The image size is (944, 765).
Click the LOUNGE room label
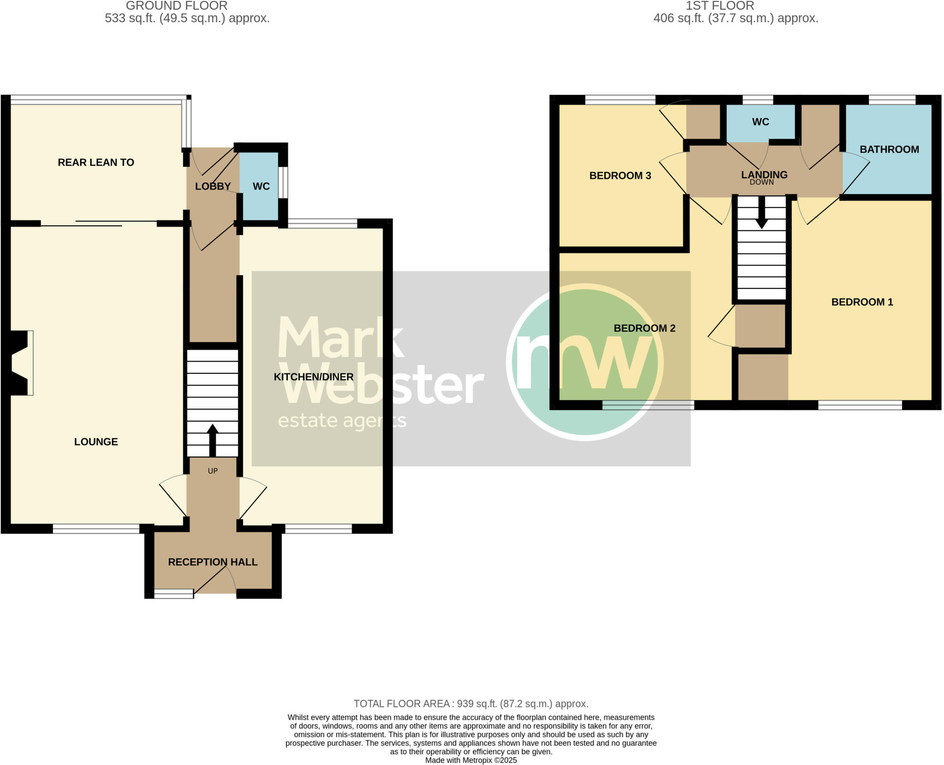pyautogui.click(x=96, y=441)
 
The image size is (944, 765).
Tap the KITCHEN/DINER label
pyautogui.click(x=313, y=377)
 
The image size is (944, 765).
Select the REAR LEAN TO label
pyautogui.click(x=96, y=162)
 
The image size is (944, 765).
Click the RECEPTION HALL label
pyautogui.click(x=212, y=562)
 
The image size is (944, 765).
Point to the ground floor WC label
pyautogui.click(x=261, y=186)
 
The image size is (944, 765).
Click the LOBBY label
pyautogui.click(x=212, y=186)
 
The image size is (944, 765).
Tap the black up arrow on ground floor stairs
pyautogui.click(x=212, y=440)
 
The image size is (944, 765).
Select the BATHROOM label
pyautogui.click(x=889, y=149)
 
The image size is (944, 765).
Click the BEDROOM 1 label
pyautogui.click(x=862, y=302)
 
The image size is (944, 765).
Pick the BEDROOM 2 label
pyautogui.click(x=644, y=328)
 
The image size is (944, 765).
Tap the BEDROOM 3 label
pyautogui.click(x=620, y=176)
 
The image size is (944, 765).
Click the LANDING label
pyautogui.click(x=764, y=175)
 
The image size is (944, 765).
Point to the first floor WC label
pyautogui.click(x=760, y=122)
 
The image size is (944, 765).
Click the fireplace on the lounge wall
pyautogui.click(x=21, y=363)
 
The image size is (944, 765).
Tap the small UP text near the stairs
pyautogui.click(x=212, y=471)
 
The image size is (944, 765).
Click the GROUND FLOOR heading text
pyautogui.click(x=177, y=6)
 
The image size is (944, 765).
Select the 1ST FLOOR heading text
pyautogui.click(x=720, y=6)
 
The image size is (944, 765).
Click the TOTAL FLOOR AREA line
pyautogui.click(x=471, y=704)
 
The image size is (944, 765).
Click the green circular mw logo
pyautogui.click(x=584, y=362)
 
